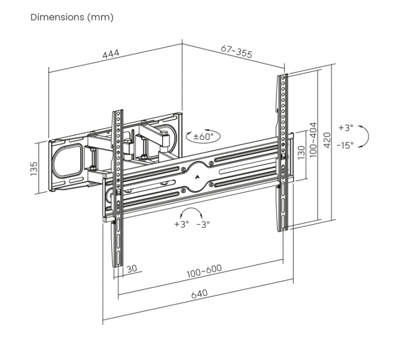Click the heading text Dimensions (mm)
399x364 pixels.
72,17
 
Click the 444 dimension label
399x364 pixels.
111,54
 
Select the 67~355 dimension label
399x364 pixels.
236,52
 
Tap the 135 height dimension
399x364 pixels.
33,169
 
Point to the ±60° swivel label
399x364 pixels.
203,136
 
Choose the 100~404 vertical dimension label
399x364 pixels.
314,140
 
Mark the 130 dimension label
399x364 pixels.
301,153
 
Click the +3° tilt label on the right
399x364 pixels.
346,128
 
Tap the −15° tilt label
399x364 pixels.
345,145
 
